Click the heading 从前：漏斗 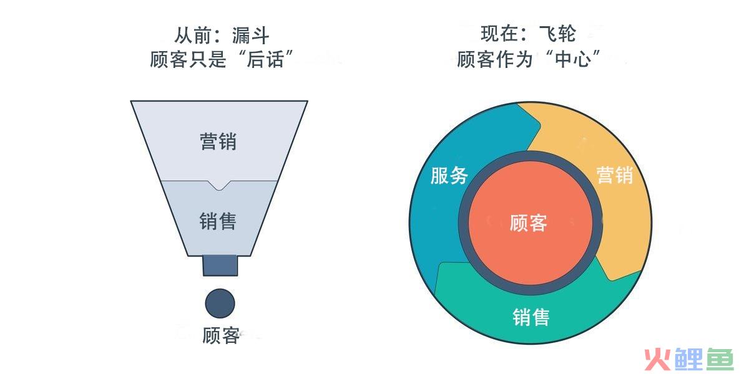[222, 35]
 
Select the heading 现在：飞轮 [528, 34]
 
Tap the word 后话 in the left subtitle [265, 59]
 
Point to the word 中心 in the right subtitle [573, 59]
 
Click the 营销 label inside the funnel [218, 141]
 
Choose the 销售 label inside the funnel [218, 221]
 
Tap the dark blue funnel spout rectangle [220, 266]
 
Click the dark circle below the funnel [220, 303]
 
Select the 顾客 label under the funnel [221, 335]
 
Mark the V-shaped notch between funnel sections [219, 186]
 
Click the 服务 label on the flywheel [449, 175]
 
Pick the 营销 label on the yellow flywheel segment [615, 175]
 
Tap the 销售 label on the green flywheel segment [531, 317]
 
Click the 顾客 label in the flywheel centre [528, 223]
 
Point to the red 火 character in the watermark [658, 360]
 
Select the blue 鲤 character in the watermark [689, 359]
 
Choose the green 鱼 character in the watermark [720, 359]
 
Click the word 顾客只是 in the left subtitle [188, 59]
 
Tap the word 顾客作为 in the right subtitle [495, 59]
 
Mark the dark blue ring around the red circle [463, 223]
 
